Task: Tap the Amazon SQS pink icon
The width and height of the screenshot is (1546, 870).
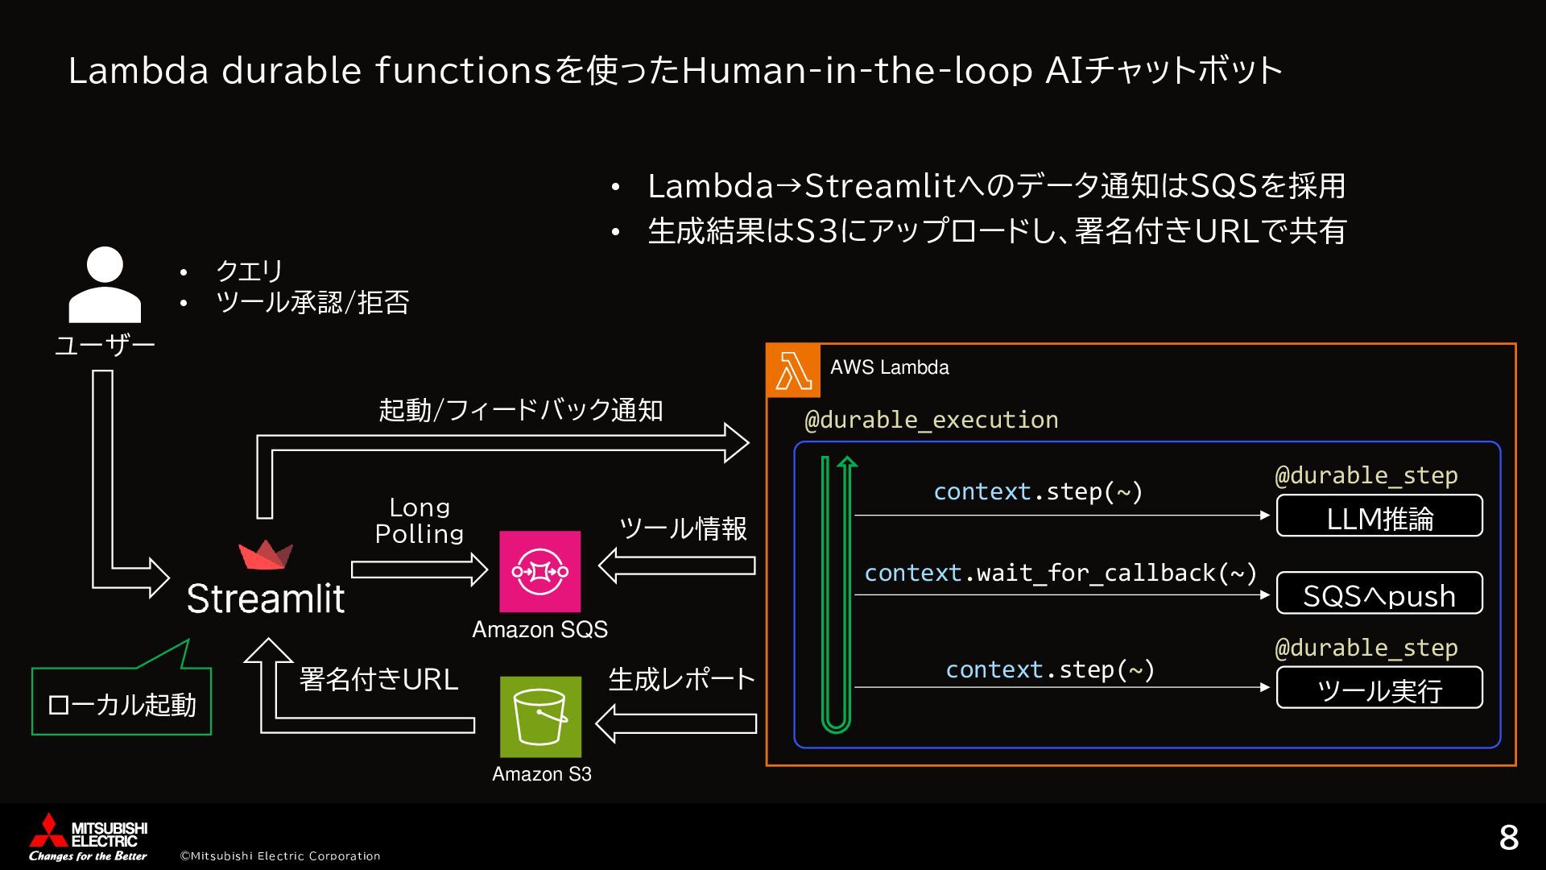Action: click(x=539, y=571)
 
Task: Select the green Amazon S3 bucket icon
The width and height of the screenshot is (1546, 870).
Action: click(x=540, y=716)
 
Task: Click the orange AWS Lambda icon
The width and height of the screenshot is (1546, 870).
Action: click(x=793, y=371)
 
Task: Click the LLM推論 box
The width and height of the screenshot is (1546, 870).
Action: click(x=1379, y=516)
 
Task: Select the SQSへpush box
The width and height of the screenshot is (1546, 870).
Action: click(x=1379, y=594)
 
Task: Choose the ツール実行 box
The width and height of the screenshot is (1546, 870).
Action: click(x=1379, y=688)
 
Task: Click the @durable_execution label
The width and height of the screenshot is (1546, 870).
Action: click(x=931, y=420)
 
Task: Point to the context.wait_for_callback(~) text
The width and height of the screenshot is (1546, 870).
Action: click(x=1060, y=573)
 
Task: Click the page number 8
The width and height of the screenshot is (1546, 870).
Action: click(x=1508, y=838)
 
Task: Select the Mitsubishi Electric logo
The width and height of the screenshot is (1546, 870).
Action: click(x=89, y=837)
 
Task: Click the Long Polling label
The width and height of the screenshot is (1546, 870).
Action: click(x=419, y=520)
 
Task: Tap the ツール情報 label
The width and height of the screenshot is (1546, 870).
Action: click(x=682, y=528)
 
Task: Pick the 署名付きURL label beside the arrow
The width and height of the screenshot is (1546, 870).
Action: click(x=378, y=679)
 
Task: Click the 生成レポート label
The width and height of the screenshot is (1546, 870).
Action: click(x=681, y=679)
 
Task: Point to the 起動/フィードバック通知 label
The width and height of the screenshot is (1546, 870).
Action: click(x=520, y=410)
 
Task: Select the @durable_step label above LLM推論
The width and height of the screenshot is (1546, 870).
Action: click(x=1366, y=475)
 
